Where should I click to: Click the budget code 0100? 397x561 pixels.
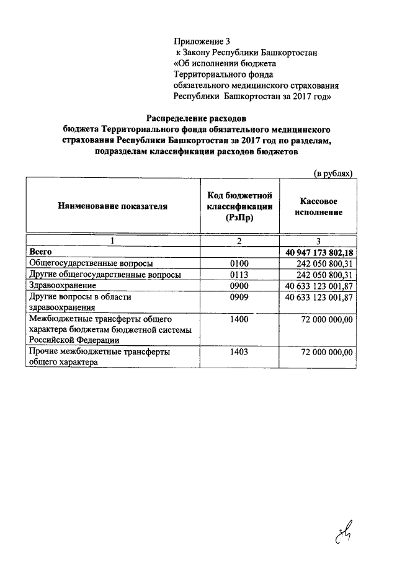coord(239,263)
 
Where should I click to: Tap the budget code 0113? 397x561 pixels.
coord(239,275)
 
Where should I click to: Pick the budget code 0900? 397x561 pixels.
coord(239,286)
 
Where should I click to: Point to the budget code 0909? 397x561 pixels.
coord(239,298)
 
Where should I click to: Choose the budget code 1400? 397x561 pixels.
coord(239,319)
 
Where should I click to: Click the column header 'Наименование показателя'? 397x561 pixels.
coord(112,206)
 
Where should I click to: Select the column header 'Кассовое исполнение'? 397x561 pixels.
coord(318,206)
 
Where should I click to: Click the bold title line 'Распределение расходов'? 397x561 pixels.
coord(197,118)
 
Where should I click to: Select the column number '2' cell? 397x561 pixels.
coord(239,241)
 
